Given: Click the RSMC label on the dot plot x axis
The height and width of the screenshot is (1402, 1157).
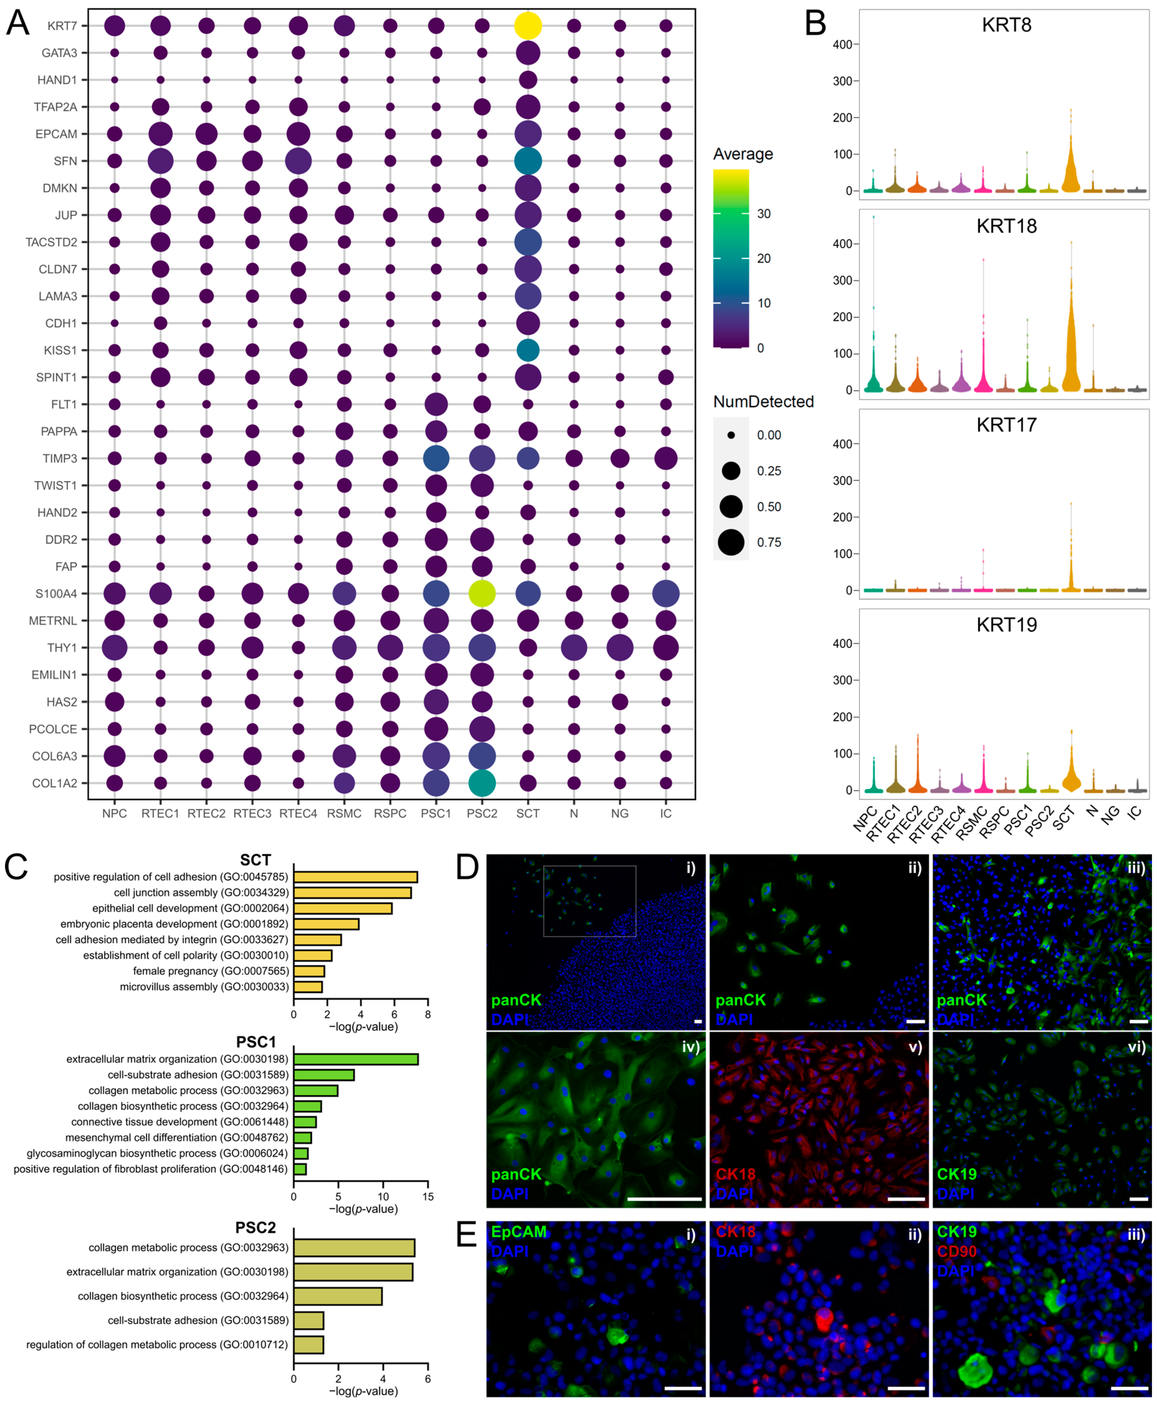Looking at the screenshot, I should (344, 814).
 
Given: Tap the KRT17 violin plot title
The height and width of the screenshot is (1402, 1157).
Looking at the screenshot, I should (1006, 425).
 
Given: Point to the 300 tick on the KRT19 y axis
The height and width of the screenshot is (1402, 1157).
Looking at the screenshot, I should (843, 680).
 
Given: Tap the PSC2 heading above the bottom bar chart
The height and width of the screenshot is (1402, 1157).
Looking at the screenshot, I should (255, 1227).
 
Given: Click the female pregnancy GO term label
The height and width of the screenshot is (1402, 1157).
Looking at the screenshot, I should (211, 971).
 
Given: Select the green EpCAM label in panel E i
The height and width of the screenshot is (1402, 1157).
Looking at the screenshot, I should (519, 1231).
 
